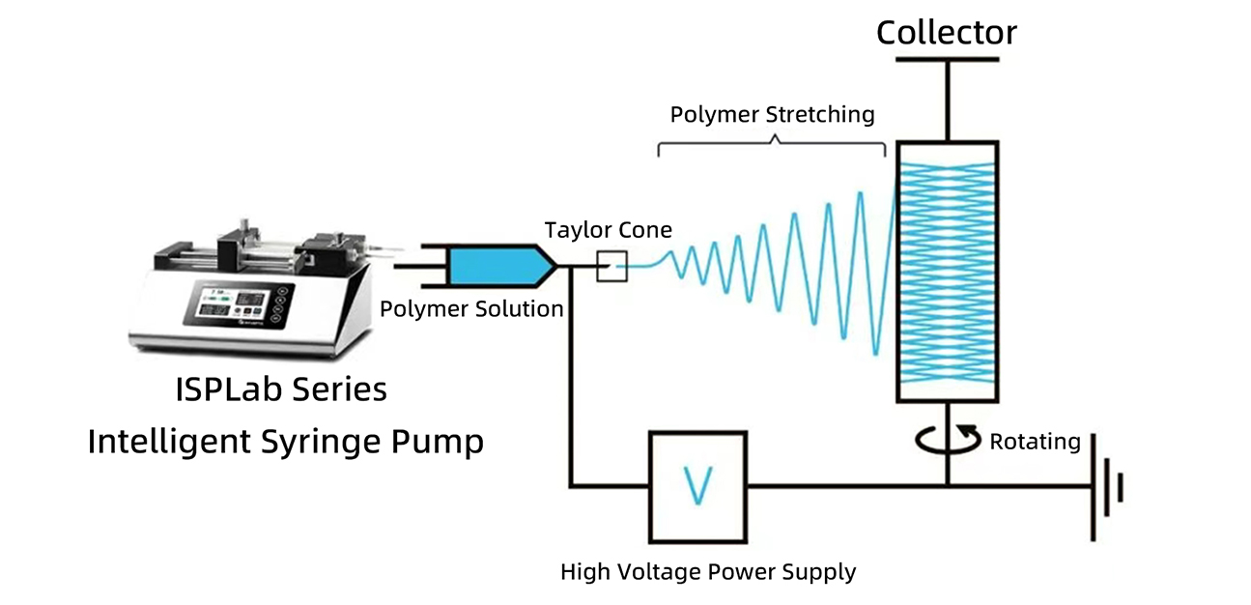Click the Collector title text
[x=946, y=32]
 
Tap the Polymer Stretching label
[x=772, y=114]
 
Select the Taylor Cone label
[x=608, y=230]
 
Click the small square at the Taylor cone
[x=611, y=266]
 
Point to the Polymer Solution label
[x=471, y=309]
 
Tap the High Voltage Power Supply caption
[x=708, y=571]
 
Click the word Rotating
[x=1035, y=442]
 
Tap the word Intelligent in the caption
[x=167, y=442]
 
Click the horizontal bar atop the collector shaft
[x=947, y=60]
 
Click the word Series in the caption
[x=339, y=389]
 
